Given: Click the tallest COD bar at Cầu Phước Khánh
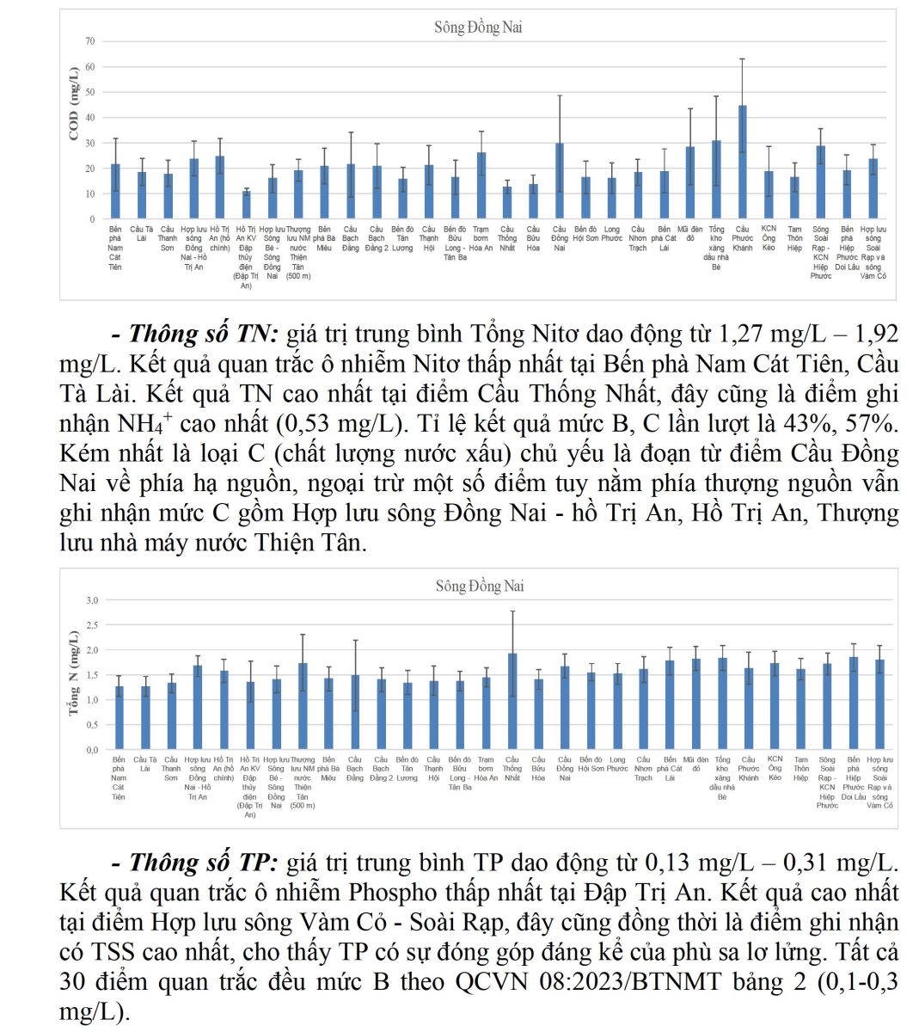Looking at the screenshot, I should point(742,163).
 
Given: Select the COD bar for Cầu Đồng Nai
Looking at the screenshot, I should point(560,181).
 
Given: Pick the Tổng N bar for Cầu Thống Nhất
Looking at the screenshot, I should point(512,702).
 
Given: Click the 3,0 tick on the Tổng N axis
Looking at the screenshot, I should point(91,599).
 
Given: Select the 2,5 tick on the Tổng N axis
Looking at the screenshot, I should point(91,624).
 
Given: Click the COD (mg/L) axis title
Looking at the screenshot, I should point(74,103).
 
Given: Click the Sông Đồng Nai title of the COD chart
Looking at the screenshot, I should point(478,28).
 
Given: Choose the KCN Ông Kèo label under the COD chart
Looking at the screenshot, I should point(769,238).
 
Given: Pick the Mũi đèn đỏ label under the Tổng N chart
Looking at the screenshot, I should point(696,759).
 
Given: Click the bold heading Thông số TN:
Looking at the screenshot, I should point(204,334).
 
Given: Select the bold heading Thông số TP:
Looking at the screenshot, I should point(204,863).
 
